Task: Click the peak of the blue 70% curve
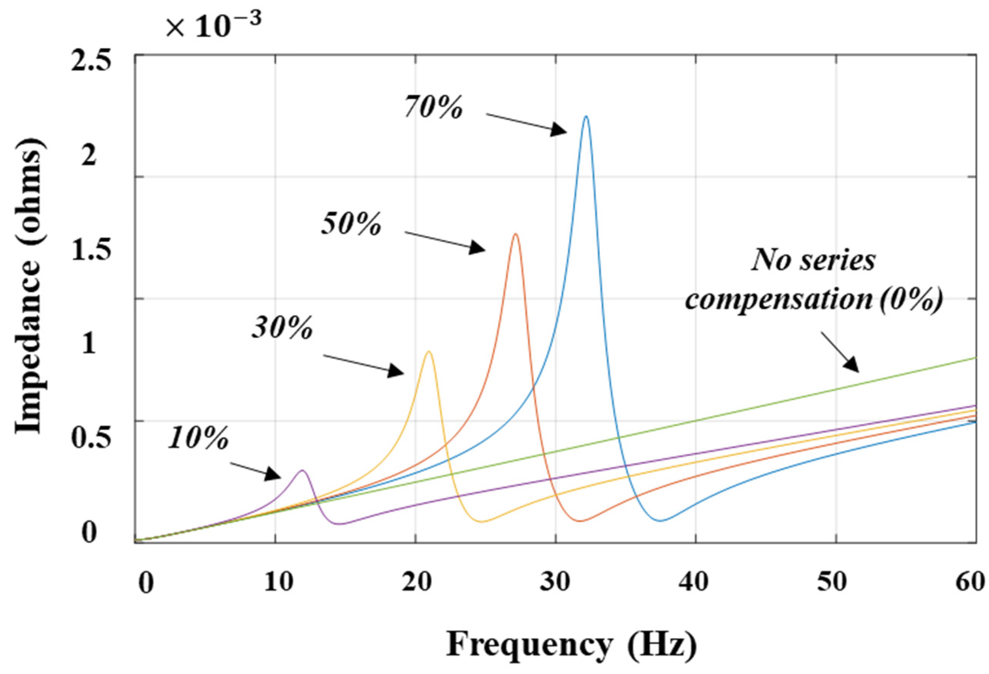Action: (x=586, y=116)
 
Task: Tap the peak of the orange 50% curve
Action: (x=515, y=234)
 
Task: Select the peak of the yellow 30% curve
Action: (x=428, y=351)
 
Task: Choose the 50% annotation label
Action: (x=351, y=224)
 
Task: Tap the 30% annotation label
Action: (x=282, y=328)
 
